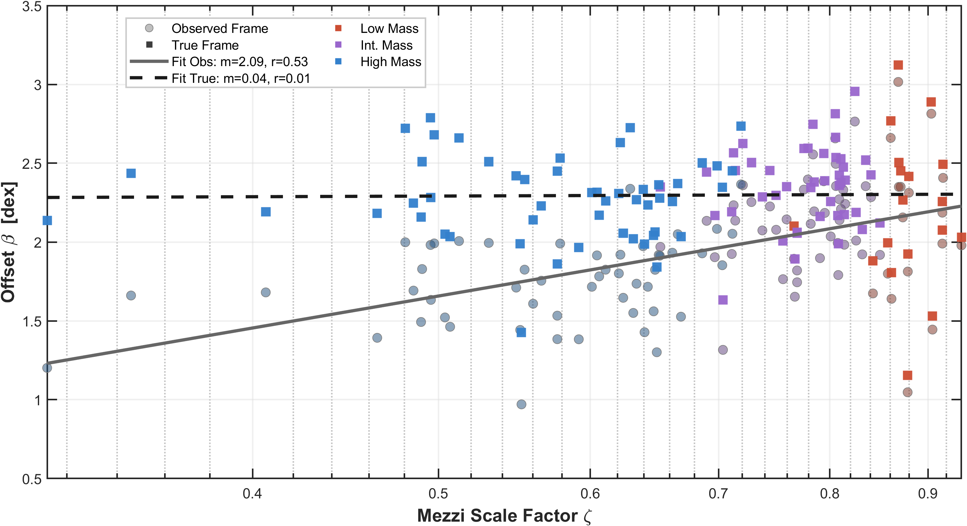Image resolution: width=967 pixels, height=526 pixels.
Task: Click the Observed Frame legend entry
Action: tap(220, 29)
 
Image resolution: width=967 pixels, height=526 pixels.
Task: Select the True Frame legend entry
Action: tap(205, 45)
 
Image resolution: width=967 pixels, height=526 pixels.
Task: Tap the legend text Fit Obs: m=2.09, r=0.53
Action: tap(240, 61)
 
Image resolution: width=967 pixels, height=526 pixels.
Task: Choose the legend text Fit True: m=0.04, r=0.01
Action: tap(241, 79)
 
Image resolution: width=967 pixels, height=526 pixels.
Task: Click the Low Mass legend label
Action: tap(389, 29)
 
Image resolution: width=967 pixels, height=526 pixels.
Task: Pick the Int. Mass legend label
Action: tap(386, 45)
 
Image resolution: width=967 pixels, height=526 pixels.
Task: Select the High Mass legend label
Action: tap(391, 61)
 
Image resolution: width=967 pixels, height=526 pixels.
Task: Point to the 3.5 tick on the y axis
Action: tap(32, 7)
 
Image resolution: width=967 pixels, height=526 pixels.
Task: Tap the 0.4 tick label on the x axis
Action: tap(252, 493)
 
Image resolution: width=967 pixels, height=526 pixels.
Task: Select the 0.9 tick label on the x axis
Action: tap(928, 493)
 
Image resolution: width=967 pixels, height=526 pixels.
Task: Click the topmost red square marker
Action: tap(898, 65)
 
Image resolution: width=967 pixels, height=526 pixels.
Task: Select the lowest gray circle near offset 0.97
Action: tap(521, 404)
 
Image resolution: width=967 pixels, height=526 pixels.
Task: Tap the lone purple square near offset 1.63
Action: tap(723, 299)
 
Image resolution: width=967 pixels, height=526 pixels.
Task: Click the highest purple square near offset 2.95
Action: tap(854, 91)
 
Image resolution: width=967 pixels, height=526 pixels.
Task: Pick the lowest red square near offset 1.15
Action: tap(907, 375)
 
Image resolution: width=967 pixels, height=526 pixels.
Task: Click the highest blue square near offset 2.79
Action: tap(430, 118)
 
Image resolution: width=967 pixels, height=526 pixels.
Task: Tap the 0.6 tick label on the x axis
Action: tap(590, 493)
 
